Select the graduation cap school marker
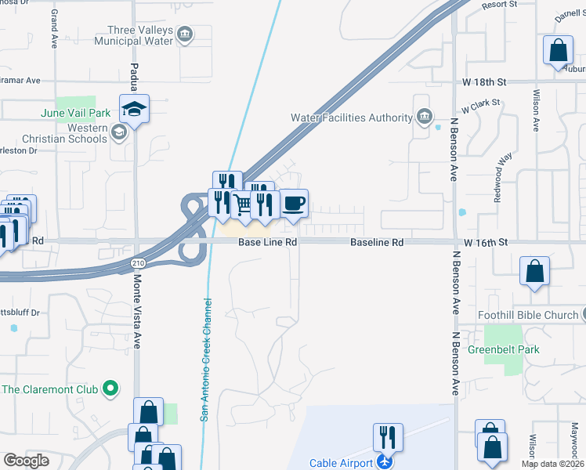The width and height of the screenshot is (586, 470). coord(134,108)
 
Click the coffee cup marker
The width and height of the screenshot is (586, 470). coord(294,204)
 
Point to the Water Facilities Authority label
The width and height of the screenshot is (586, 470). coord(351,117)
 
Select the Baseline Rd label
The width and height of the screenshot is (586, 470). coord(377,243)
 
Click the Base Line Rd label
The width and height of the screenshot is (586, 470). coord(268,243)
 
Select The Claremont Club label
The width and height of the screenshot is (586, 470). coord(50,389)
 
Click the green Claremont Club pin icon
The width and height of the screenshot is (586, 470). coord(110,388)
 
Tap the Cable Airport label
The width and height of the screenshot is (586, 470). coord(342,463)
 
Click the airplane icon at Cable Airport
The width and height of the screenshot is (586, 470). coord(384,462)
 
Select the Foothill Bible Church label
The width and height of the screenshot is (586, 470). coord(528,316)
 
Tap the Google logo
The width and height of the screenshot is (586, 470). coord(26,461)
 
